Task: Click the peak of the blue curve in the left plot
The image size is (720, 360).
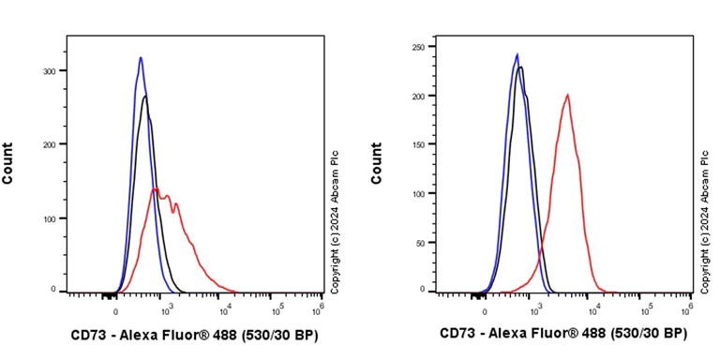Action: [140, 58]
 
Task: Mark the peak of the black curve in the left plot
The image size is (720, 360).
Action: [145, 97]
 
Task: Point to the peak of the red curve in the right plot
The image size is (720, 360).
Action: [567, 94]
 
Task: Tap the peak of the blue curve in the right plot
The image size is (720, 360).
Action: [517, 54]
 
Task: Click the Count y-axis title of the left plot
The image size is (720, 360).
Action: [8, 162]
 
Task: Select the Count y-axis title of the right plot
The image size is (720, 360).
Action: [377, 162]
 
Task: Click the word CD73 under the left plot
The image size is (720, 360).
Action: [89, 335]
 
